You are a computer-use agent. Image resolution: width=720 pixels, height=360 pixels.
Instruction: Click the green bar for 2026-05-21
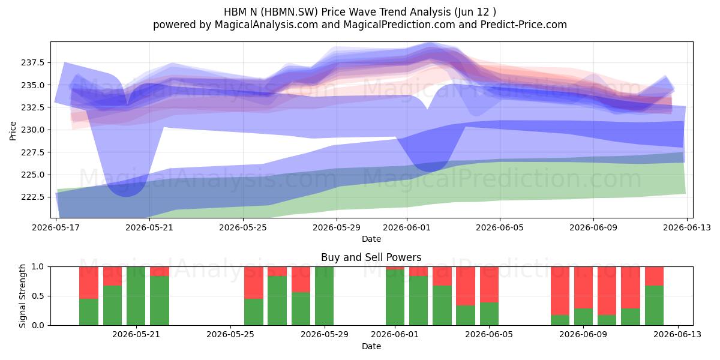click(136, 296)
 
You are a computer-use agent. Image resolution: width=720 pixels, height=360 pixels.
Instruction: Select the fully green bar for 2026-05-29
click(325, 296)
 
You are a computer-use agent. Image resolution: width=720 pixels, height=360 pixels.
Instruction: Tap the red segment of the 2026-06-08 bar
click(560, 291)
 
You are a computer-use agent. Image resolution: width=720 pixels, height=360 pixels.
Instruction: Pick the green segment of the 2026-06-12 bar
click(654, 305)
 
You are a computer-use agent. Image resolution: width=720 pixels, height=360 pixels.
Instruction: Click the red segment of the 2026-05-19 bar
click(89, 283)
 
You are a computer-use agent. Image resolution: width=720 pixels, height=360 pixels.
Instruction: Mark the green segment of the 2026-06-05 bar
click(489, 314)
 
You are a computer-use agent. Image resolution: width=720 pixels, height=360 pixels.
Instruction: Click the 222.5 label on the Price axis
click(33, 197)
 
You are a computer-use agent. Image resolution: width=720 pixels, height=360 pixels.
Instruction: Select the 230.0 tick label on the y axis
click(33, 130)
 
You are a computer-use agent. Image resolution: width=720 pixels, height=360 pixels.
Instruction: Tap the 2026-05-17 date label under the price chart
click(56, 227)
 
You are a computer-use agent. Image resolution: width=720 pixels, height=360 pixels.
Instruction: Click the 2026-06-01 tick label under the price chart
click(407, 227)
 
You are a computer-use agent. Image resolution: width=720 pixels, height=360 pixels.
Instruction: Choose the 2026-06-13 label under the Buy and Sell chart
click(677, 335)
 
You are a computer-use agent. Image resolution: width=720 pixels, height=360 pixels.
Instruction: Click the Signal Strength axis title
click(22, 296)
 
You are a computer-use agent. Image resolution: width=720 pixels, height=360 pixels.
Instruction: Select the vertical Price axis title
click(13, 131)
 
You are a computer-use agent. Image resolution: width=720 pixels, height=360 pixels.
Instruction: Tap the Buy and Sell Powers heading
click(371, 257)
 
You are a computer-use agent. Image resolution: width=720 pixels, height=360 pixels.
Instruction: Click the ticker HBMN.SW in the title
click(289, 12)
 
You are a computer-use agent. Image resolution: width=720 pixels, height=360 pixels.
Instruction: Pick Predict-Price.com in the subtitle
click(524, 25)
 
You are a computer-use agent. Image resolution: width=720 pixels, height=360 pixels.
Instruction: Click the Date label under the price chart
click(371, 239)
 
